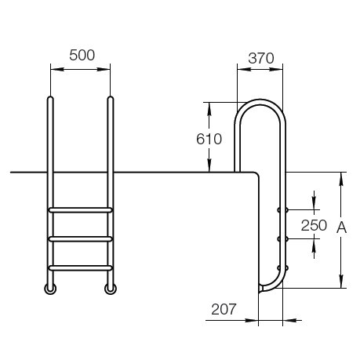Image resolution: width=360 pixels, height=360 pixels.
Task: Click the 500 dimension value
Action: pyautogui.click(x=82, y=56)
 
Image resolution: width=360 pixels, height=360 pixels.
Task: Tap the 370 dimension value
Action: pyautogui.click(x=261, y=58)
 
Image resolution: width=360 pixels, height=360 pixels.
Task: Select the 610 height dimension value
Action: pyautogui.click(x=209, y=139)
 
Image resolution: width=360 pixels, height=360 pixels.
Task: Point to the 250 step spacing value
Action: pyautogui.click(x=314, y=225)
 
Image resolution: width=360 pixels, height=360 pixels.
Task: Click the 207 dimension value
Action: pyautogui.click(x=224, y=309)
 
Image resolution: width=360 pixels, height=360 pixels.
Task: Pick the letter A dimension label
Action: pyautogui.click(x=341, y=227)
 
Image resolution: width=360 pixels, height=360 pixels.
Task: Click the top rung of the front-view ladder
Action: pyautogui.click(x=80, y=210)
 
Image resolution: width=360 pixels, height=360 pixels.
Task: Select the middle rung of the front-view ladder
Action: pyautogui.click(x=80, y=239)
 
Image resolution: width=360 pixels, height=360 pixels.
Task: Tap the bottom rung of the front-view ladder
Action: pyautogui.click(x=80, y=268)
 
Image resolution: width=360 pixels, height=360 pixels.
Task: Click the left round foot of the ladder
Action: pyautogui.click(x=50, y=289)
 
